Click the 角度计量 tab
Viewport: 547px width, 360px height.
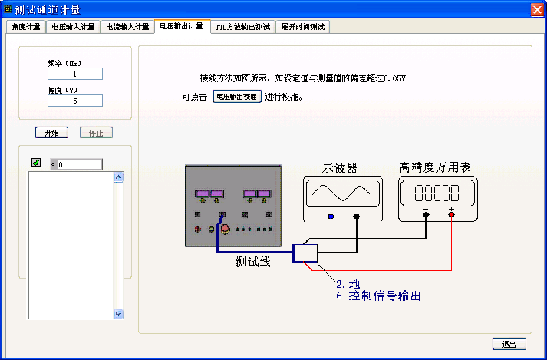pos(26,27)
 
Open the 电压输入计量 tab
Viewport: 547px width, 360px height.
pos(73,27)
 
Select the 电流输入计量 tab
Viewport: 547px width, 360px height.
pos(127,27)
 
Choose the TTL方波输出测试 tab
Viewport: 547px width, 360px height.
pos(242,27)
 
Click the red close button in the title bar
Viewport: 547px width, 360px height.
pos(537,9)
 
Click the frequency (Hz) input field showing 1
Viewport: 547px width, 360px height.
pos(75,74)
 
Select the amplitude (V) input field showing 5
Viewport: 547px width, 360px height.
pos(75,101)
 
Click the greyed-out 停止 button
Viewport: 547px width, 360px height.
pos(96,133)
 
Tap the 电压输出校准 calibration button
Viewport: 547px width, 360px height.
pos(237,97)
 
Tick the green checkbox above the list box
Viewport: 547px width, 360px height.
pos(35,163)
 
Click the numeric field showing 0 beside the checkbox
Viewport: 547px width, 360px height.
pos(79,164)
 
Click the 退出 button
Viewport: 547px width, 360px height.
pos(509,344)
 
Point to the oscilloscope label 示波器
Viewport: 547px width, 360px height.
pos(339,167)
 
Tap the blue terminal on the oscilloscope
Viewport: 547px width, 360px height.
pos(331,216)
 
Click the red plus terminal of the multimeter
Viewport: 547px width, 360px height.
pos(451,216)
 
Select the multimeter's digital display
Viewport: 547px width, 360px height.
pos(437,192)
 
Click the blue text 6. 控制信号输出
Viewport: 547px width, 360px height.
pos(378,296)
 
